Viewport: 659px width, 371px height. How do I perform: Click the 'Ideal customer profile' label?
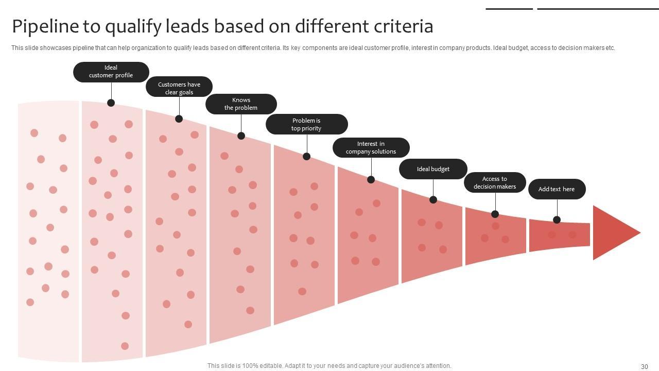coord(111,72)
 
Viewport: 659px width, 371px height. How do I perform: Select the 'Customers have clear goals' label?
coord(179,88)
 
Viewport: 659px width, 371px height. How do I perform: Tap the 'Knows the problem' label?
coord(241,104)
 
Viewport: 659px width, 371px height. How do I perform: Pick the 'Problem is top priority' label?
coord(306,124)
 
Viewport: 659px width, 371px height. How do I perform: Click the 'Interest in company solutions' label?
coord(371,147)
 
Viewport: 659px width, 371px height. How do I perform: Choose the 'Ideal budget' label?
coord(433,169)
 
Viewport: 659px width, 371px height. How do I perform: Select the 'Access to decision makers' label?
coord(495,183)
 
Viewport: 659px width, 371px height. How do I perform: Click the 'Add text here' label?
coord(557,189)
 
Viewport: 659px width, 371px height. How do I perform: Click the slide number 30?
coord(644,366)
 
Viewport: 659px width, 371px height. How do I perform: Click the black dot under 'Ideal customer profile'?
coord(111,103)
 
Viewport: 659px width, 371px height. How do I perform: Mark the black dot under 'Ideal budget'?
coord(433,199)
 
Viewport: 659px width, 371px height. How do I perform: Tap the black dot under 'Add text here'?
coord(557,220)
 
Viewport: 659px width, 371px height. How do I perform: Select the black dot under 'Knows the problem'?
coord(241,136)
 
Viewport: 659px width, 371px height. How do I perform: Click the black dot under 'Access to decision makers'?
coord(495,214)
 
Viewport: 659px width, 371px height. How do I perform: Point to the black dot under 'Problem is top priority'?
coord(306,156)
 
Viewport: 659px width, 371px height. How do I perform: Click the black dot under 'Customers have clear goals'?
coord(179,119)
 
